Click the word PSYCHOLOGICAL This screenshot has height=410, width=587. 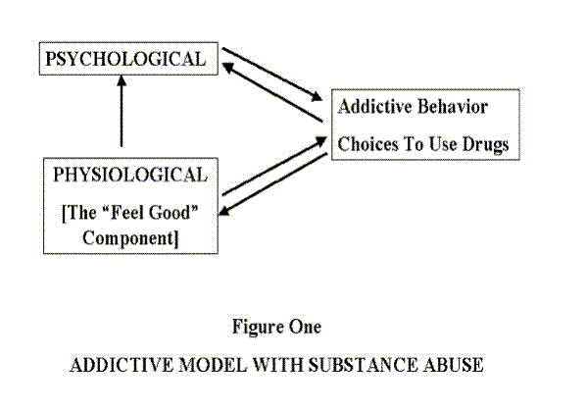click(125, 59)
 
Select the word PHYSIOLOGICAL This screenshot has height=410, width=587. click(130, 175)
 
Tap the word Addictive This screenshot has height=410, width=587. click(374, 107)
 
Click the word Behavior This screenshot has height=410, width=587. click(453, 107)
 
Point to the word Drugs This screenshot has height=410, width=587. click(485, 145)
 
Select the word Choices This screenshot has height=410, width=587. click(367, 144)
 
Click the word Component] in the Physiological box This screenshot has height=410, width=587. click(130, 238)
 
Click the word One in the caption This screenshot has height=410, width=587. click(300, 327)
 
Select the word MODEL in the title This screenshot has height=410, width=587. click(213, 365)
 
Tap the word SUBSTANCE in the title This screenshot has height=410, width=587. click(363, 365)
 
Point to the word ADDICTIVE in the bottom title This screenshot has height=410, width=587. click(122, 365)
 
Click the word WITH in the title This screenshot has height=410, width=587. click(277, 365)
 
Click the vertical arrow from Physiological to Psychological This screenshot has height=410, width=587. click(122, 111)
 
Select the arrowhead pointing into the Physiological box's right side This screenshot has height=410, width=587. click(223, 211)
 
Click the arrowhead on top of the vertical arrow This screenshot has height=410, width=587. click(122, 80)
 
